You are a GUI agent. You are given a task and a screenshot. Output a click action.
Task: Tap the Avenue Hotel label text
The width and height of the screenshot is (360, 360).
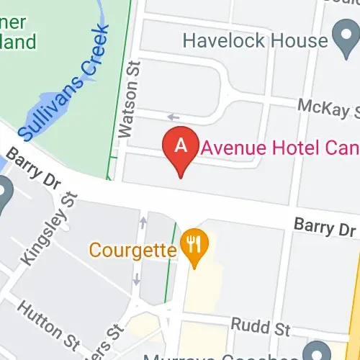[x=281, y=147]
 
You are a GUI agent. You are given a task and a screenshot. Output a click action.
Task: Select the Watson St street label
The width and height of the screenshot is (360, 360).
[x=128, y=99]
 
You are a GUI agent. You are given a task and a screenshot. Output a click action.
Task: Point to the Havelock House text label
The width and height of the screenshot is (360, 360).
[x=255, y=39]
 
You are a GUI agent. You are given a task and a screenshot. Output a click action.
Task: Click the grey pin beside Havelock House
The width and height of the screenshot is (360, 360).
[x=344, y=37]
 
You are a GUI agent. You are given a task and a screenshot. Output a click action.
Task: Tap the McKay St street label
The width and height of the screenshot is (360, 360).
[x=328, y=108]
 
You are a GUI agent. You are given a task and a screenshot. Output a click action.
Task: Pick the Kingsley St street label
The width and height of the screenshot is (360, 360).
[x=48, y=229]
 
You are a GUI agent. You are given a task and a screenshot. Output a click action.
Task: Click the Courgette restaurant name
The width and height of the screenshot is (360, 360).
[x=133, y=251]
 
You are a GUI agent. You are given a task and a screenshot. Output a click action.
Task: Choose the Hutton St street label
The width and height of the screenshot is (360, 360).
[x=48, y=324]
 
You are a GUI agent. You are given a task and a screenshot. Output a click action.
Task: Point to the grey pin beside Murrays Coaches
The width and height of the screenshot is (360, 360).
[x=312, y=353]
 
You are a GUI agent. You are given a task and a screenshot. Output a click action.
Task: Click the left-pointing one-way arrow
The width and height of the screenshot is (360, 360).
[x=173, y=117]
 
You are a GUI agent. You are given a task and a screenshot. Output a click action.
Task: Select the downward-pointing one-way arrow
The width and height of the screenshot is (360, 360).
[x=137, y=279]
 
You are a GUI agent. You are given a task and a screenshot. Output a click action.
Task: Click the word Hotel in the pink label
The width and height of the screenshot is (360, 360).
[x=269, y=147]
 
